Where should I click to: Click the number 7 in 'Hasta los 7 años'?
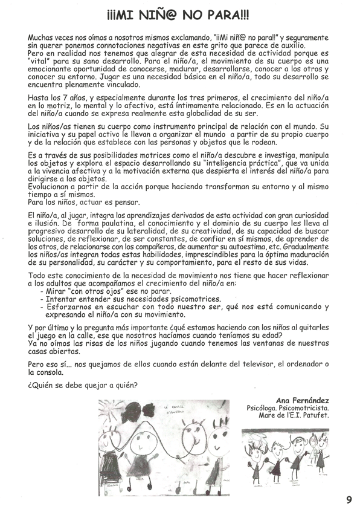(x=62, y=97)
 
